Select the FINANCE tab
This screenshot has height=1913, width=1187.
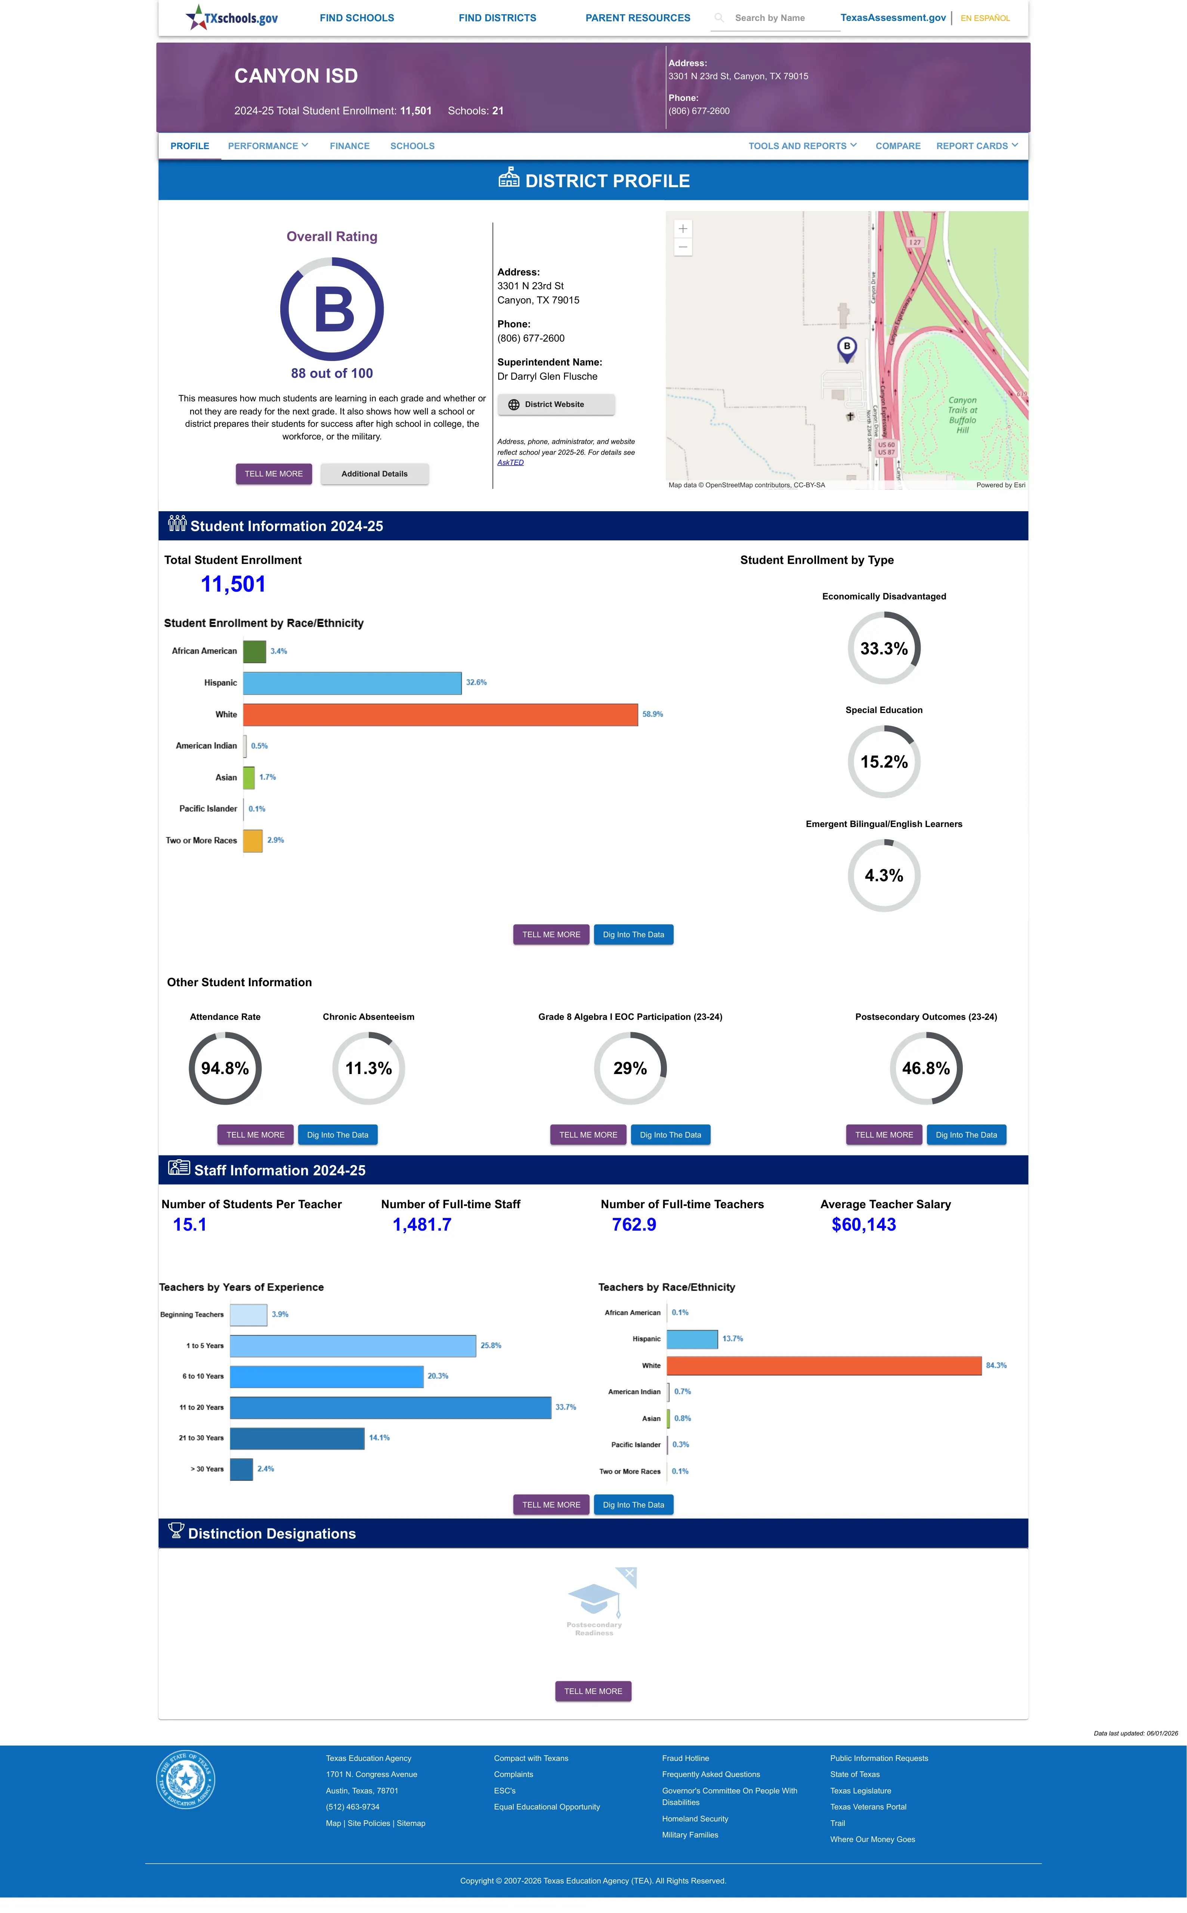[x=349, y=146]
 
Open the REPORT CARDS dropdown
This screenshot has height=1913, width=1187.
[x=977, y=146]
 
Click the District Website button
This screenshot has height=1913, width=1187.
[x=556, y=404]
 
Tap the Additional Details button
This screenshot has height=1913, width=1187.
[x=374, y=474]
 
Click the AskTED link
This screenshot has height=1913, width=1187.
[x=510, y=462]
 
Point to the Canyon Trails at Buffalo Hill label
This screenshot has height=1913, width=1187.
[x=962, y=414]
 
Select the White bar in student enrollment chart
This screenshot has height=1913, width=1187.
[x=441, y=714]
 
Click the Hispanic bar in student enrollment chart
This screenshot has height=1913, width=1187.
[x=352, y=683]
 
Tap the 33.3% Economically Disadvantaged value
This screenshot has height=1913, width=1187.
[x=884, y=648]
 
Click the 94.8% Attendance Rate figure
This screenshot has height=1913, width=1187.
[x=225, y=1068]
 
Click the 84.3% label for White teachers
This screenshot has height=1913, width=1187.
[x=996, y=1365]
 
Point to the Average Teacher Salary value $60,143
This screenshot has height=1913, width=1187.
[x=863, y=1225]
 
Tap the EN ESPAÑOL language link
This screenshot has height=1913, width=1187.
[x=985, y=18]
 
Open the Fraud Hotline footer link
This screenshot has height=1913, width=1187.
[x=685, y=1758]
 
